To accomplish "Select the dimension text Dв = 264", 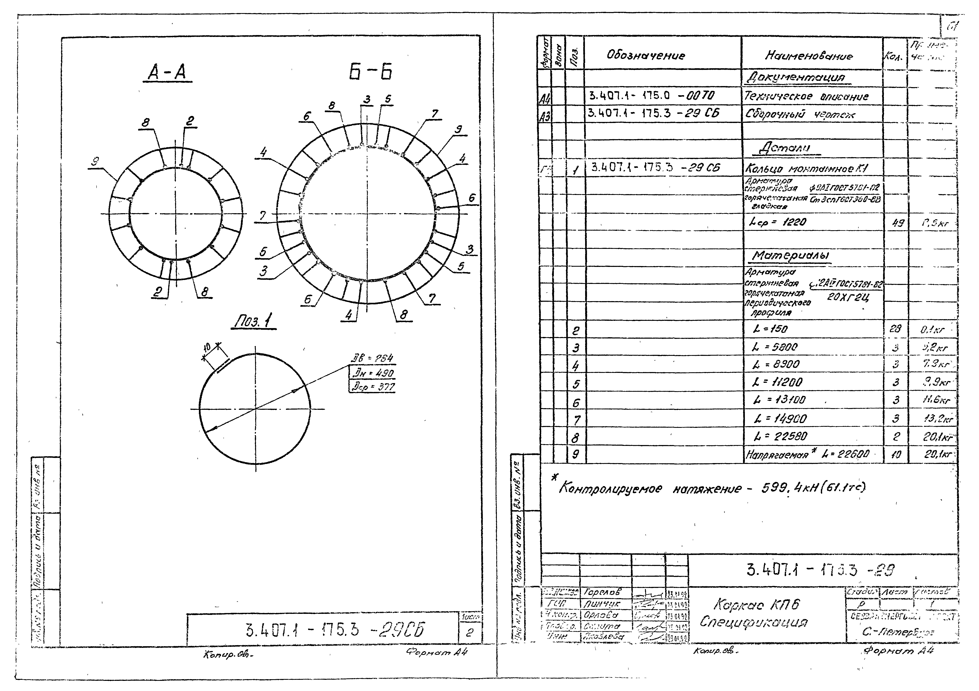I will (x=372, y=359).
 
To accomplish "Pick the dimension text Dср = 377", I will (x=372, y=387).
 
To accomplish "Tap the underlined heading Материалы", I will (x=790, y=256).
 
